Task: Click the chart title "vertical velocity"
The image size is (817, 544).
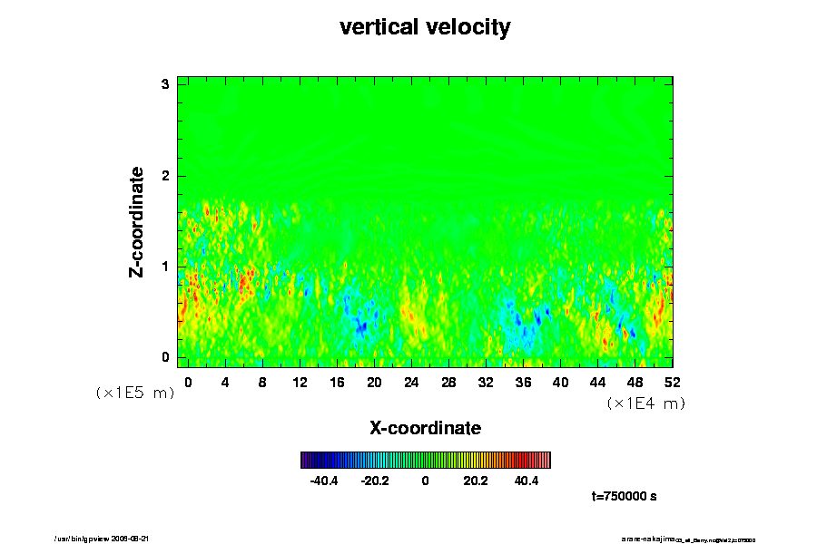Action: click(x=425, y=27)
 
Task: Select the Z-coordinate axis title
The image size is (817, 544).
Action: click(x=137, y=221)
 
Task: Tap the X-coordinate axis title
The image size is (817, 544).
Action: click(x=425, y=427)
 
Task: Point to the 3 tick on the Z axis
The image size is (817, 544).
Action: click(x=165, y=84)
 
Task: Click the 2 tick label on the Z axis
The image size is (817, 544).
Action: click(x=165, y=176)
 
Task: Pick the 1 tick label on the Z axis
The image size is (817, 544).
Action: click(x=165, y=267)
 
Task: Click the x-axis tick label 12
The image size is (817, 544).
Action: click(x=300, y=382)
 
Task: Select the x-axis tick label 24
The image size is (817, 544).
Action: click(x=411, y=382)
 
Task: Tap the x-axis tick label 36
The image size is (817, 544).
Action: click(x=523, y=382)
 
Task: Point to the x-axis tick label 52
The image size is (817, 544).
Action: click(x=672, y=382)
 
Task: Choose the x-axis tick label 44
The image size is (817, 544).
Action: click(x=597, y=382)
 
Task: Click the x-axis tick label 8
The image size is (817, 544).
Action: click(x=262, y=382)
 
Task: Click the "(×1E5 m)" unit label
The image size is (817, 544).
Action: click(x=134, y=393)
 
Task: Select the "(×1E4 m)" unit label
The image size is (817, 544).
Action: click(x=645, y=403)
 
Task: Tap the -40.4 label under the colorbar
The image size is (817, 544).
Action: click(x=324, y=481)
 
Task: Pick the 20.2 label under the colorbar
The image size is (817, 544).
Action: click(x=476, y=481)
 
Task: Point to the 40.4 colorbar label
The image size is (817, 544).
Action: click(x=527, y=481)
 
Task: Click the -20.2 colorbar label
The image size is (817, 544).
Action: click(x=374, y=481)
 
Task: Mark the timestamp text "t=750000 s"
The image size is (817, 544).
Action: click(x=624, y=497)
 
